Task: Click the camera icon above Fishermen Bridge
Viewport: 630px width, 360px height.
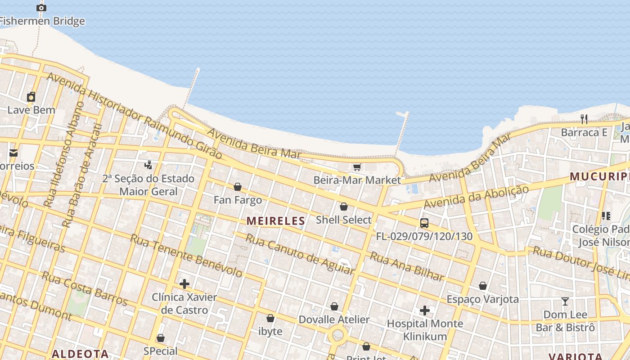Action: (41, 8)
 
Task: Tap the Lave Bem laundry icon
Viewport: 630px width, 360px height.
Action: (31, 96)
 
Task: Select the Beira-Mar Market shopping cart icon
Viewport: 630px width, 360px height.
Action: (357, 167)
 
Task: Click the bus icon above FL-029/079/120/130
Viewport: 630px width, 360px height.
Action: (424, 223)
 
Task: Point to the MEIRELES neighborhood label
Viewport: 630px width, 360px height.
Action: (276, 221)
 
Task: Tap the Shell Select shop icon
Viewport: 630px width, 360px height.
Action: (344, 207)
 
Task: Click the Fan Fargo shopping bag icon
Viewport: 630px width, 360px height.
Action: (238, 187)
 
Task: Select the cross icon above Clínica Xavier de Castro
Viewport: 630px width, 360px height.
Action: (184, 284)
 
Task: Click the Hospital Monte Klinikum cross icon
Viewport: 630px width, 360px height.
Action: (424, 310)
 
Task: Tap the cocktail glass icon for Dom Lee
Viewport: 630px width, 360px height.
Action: (565, 301)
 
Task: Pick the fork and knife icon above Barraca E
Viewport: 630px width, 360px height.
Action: (584, 119)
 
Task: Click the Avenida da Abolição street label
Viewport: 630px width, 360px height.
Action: (476, 197)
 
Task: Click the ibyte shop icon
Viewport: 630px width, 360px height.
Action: (270, 318)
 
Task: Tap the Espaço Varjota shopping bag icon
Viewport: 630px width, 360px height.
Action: (483, 286)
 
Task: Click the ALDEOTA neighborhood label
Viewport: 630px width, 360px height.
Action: (80, 354)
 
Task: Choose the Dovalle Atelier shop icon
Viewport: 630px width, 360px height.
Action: (334, 306)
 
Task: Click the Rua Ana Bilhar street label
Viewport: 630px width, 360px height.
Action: (407, 266)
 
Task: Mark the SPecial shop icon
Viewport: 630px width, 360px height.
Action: (161, 338)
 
